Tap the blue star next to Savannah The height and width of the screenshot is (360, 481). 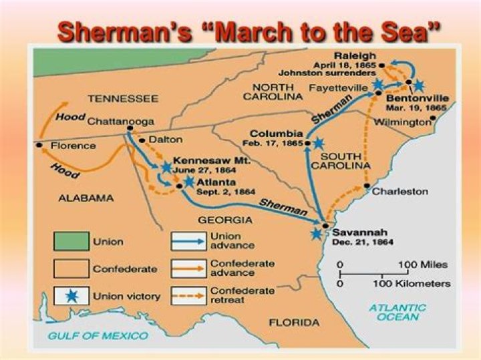317,233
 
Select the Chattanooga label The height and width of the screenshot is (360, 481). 121,122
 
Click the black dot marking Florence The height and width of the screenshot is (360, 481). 40,145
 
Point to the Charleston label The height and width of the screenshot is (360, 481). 400,191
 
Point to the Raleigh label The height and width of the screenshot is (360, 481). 357,56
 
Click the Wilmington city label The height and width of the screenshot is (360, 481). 402,122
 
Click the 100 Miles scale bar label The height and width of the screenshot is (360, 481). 424,264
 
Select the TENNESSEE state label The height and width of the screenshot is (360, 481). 123,98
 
